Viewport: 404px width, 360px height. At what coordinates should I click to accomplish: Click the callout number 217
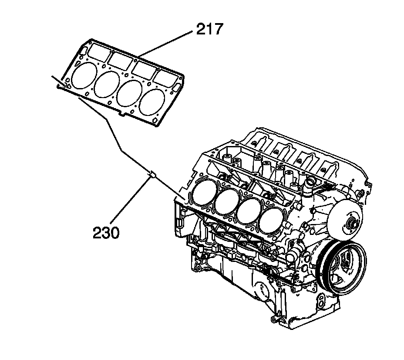[209, 30]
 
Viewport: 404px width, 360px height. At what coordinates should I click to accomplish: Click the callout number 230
[106, 233]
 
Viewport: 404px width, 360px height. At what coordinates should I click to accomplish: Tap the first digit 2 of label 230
[98, 233]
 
